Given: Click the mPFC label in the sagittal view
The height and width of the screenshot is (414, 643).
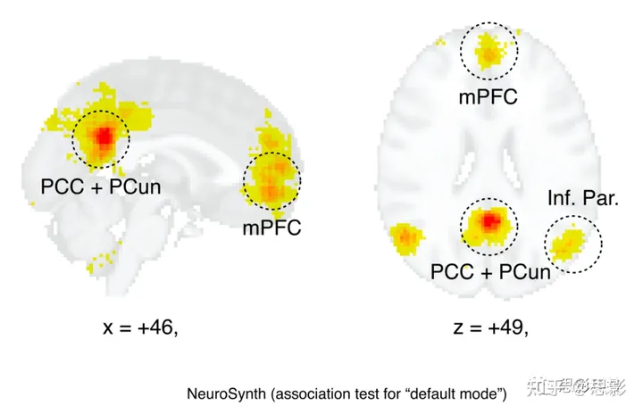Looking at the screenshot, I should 271,228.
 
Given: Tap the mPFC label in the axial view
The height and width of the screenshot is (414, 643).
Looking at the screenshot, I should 489,96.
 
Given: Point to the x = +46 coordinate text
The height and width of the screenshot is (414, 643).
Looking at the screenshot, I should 140,327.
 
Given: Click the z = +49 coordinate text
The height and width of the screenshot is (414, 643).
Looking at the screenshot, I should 490,327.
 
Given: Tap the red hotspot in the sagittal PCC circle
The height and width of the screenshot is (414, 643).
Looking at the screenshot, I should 102,137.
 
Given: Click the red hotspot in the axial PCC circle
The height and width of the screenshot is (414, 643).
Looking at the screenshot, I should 489,220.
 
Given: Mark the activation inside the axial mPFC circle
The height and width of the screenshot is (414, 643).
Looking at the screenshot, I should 489,51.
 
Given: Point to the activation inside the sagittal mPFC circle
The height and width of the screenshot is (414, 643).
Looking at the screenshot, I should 272,178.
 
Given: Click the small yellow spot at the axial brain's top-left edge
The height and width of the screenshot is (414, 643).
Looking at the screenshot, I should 440,41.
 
